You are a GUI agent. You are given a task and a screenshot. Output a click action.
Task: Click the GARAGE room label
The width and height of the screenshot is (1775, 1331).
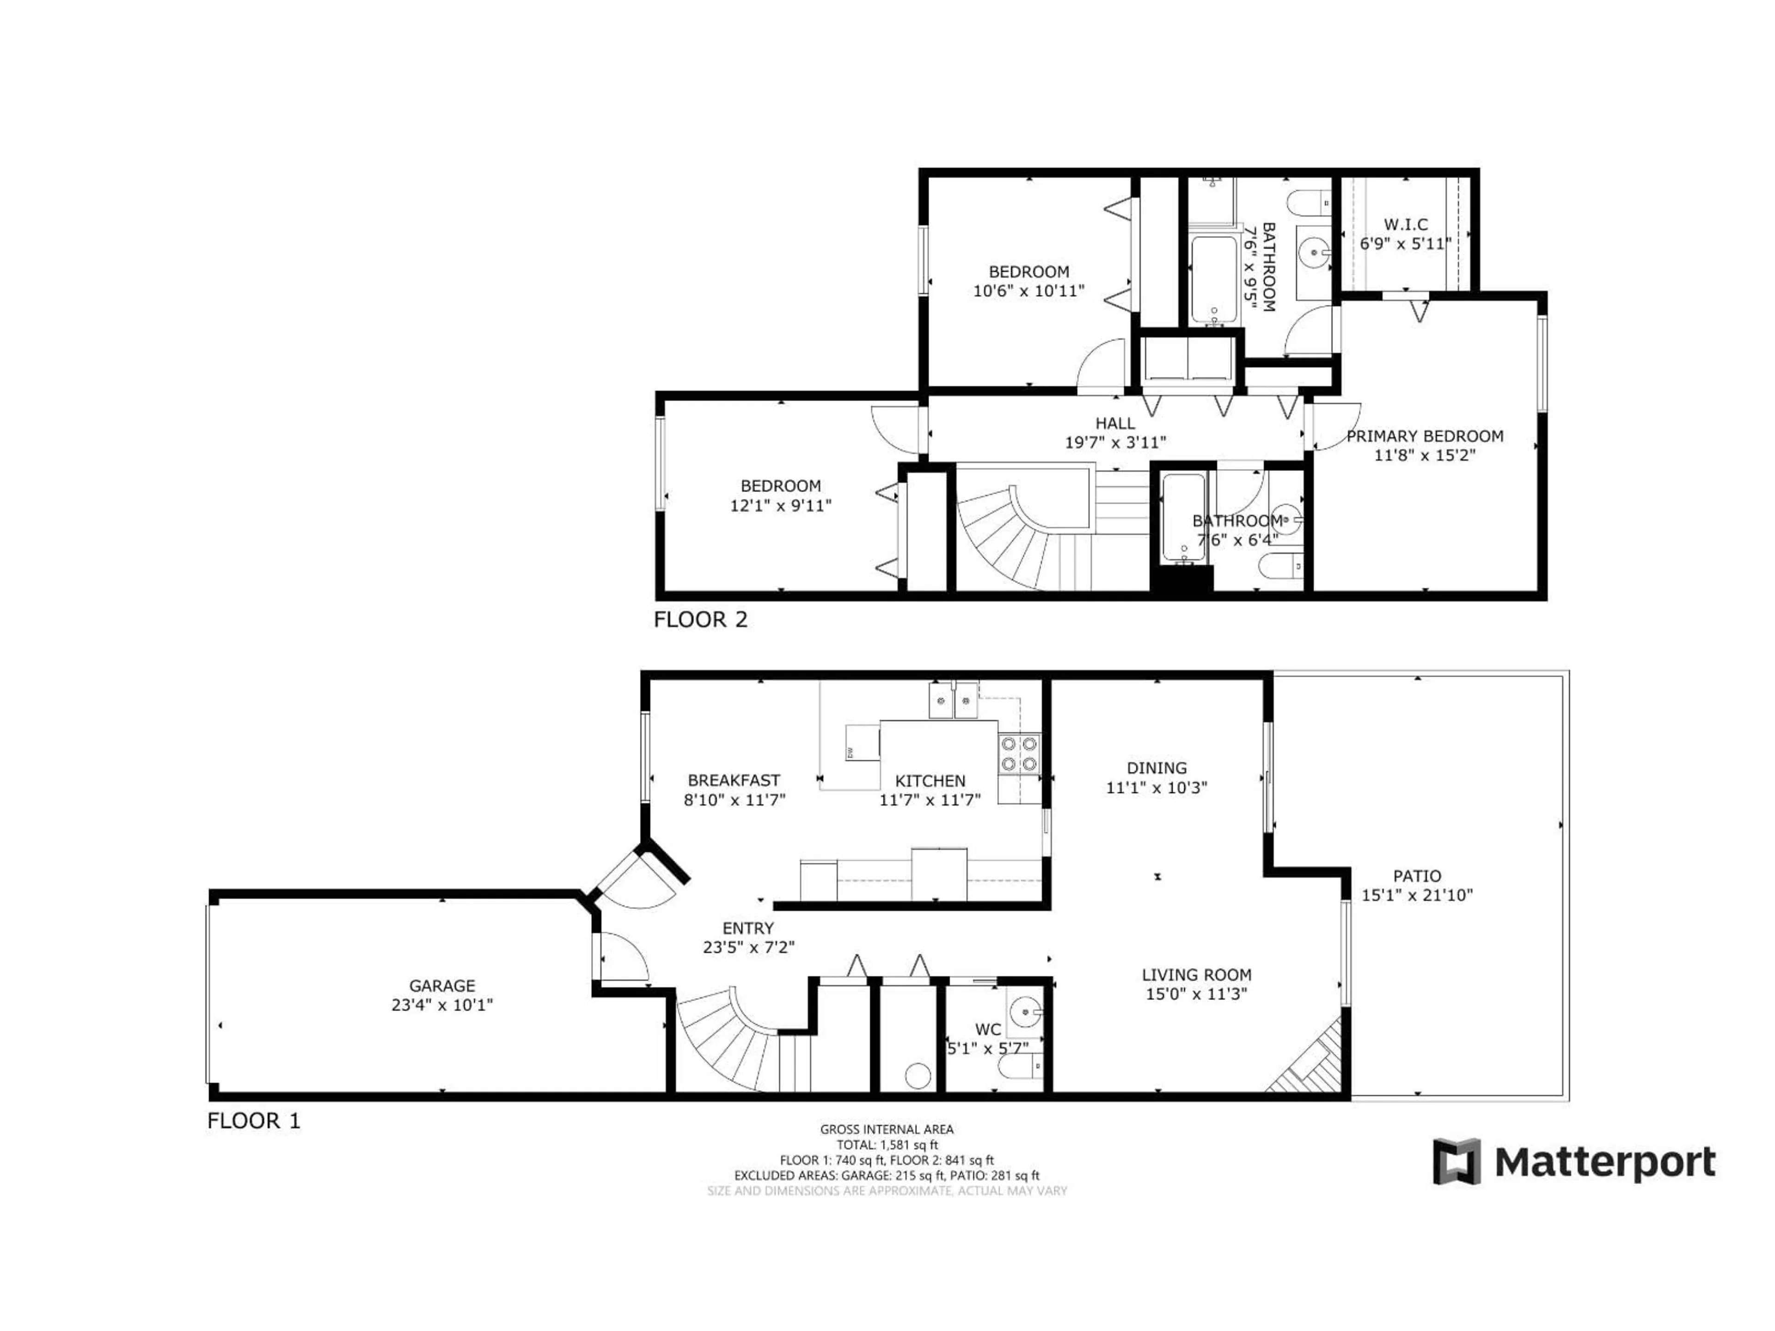tap(442, 985)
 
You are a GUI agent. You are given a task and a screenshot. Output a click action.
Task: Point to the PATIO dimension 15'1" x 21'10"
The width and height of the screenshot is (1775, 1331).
tap(1417, 895)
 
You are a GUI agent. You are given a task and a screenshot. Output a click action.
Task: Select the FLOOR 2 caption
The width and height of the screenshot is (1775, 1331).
tap(701, 619)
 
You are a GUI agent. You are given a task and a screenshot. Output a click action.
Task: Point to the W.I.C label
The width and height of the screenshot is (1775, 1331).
tap(1405, 225)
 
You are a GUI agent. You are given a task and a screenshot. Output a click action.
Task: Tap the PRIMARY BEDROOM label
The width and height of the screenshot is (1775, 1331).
tap(1424, 436)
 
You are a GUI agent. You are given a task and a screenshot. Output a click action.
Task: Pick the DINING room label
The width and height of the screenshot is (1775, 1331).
tap(1157, 768)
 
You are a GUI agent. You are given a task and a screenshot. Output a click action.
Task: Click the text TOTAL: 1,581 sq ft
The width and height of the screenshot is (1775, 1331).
tap(887, 1145)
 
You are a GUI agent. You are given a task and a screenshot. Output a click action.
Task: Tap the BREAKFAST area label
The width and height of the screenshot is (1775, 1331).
tap(734, 780)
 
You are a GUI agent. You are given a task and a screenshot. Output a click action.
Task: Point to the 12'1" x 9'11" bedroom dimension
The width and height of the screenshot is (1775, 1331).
tap(780, 506)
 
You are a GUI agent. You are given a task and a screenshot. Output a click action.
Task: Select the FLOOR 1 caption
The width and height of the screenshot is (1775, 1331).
tap(254, 1121)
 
